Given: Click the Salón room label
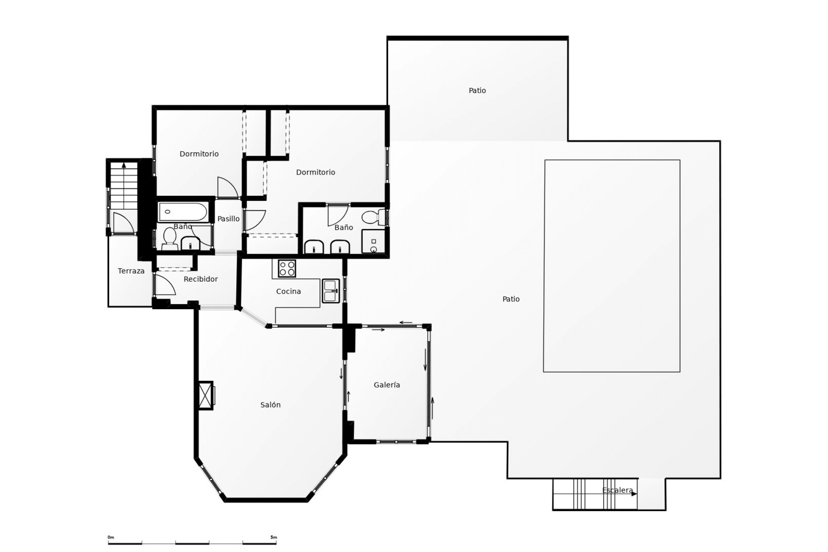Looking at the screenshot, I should click(x=270, y=405).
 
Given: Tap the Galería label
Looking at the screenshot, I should click(x=387, y=385).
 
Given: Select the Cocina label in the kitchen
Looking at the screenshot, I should click(x=289, y=292).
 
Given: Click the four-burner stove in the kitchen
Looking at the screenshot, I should click(x=287, y=268).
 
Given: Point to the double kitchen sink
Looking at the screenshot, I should click(x=331, y=291).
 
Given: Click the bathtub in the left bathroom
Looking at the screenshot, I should click(x=183, y=212).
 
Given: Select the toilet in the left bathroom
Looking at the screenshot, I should click(x=169, y=238).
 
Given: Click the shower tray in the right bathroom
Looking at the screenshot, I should click(x=373, y=241).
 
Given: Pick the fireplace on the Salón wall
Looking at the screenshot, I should click(x=206, y=395).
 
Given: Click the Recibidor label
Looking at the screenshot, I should click(x=201, y=279).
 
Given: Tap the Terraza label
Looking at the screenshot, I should click(x=131, y=271).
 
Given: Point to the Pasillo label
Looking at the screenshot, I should click(x=228, y=219).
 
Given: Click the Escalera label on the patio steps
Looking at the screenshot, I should click(x=618, y=490).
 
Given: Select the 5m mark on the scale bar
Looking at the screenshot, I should click(x=274, y=538).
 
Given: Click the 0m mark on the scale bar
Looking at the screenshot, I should click(x=111, y=538).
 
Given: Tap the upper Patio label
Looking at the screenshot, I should click(x=477, y=91).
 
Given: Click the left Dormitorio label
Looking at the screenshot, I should click(x=199, y=154).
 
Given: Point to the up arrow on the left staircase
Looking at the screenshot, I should click(x=124, y=165).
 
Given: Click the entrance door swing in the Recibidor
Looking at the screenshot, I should click(x=164, y=285).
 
